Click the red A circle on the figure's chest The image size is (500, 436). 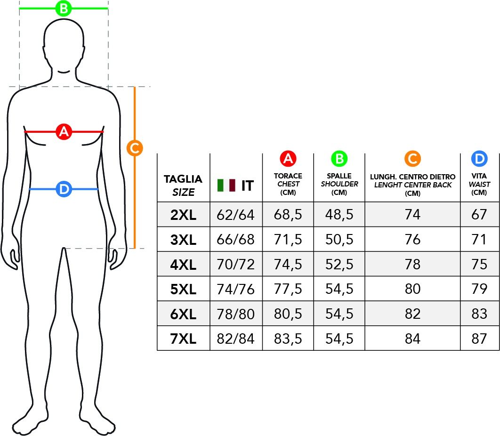[x=64, y=131]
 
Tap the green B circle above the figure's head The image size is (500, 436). [x=64, y=8]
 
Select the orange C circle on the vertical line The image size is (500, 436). [x=135, y=148]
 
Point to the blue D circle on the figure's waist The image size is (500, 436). [x=64, y=189]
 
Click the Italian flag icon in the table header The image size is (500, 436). [x=226, y=186]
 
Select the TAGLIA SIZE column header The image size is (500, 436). [x=183, y=186]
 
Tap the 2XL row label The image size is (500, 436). [x=183, y=215]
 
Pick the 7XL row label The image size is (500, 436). [x=183, y=339]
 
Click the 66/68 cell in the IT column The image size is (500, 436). [x=236, y=240]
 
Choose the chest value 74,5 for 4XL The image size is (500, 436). [x=288, y=265]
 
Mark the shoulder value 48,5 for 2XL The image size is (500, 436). [x=339, y=215]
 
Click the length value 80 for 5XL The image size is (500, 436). [x=412, y=289]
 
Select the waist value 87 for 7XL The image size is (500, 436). [x=479, y=339]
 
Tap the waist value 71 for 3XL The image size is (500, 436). [x=479, y=240]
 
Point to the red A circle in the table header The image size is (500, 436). [x=288, y=159]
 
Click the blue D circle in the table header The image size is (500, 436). [x=479, y=159]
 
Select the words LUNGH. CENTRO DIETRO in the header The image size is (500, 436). [x=412, y=177]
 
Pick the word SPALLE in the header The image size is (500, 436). [x=339, y=176]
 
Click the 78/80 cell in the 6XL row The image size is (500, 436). [x=236, y=314]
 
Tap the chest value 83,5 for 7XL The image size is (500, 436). [x=288, y=339]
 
